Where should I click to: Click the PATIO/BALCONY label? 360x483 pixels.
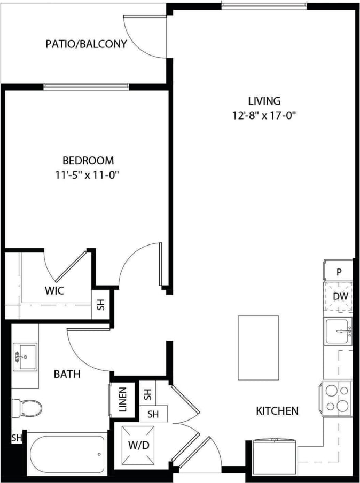point(86,44)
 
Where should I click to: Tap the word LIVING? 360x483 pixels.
point(264,100)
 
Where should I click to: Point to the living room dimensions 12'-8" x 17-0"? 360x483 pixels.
point(264,115)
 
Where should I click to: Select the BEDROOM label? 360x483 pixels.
point(88,160)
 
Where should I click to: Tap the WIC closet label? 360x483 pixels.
point(54,291)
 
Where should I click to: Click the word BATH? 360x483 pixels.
point(67,374)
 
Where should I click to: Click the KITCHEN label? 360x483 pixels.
point(277,411)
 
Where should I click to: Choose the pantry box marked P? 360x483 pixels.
point(338,271)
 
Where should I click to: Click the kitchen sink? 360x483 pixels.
point(338,331)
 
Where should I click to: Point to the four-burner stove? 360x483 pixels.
point(336,398)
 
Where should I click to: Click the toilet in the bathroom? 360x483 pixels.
point(27,408)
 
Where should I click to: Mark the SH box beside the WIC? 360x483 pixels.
point(100,305)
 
